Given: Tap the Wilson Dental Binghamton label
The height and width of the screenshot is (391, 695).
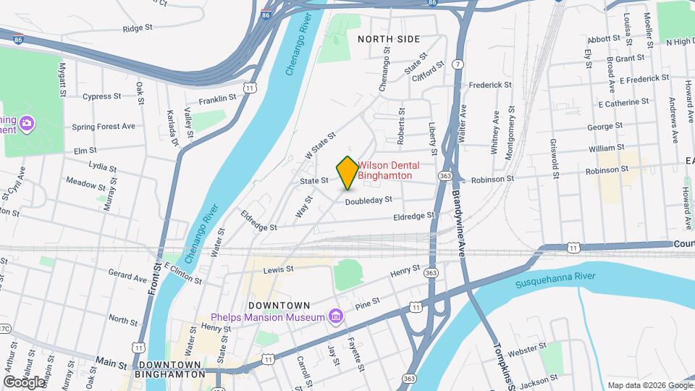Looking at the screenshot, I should coord(389,170).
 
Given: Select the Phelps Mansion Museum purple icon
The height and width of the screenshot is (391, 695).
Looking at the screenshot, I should coord(334,316).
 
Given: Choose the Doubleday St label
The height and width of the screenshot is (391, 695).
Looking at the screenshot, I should coord(368,200).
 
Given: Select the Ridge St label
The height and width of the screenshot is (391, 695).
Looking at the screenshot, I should coord(138,29).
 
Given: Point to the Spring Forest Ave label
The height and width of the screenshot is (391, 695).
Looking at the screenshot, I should coord(104,126).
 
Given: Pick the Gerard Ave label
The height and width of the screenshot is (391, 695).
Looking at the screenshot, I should coord(127,276).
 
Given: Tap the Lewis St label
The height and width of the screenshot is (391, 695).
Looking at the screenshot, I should coord(279,269).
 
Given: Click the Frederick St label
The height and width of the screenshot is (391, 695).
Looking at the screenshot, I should coord(490,85).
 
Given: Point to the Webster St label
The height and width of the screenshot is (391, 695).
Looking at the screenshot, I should coord(526,351).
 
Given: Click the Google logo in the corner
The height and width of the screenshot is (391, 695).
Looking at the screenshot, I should coord(23,382).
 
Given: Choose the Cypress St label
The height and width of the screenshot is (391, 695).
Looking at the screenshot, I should coord(101,96).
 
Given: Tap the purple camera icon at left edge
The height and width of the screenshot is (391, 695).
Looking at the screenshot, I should coord(27,123).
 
